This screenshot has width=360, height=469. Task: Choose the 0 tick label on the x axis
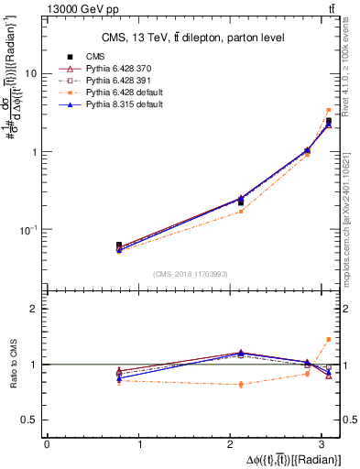point(47,444)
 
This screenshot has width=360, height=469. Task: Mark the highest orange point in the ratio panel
point(328,340)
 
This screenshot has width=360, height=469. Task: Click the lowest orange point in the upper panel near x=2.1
point(241,212)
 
